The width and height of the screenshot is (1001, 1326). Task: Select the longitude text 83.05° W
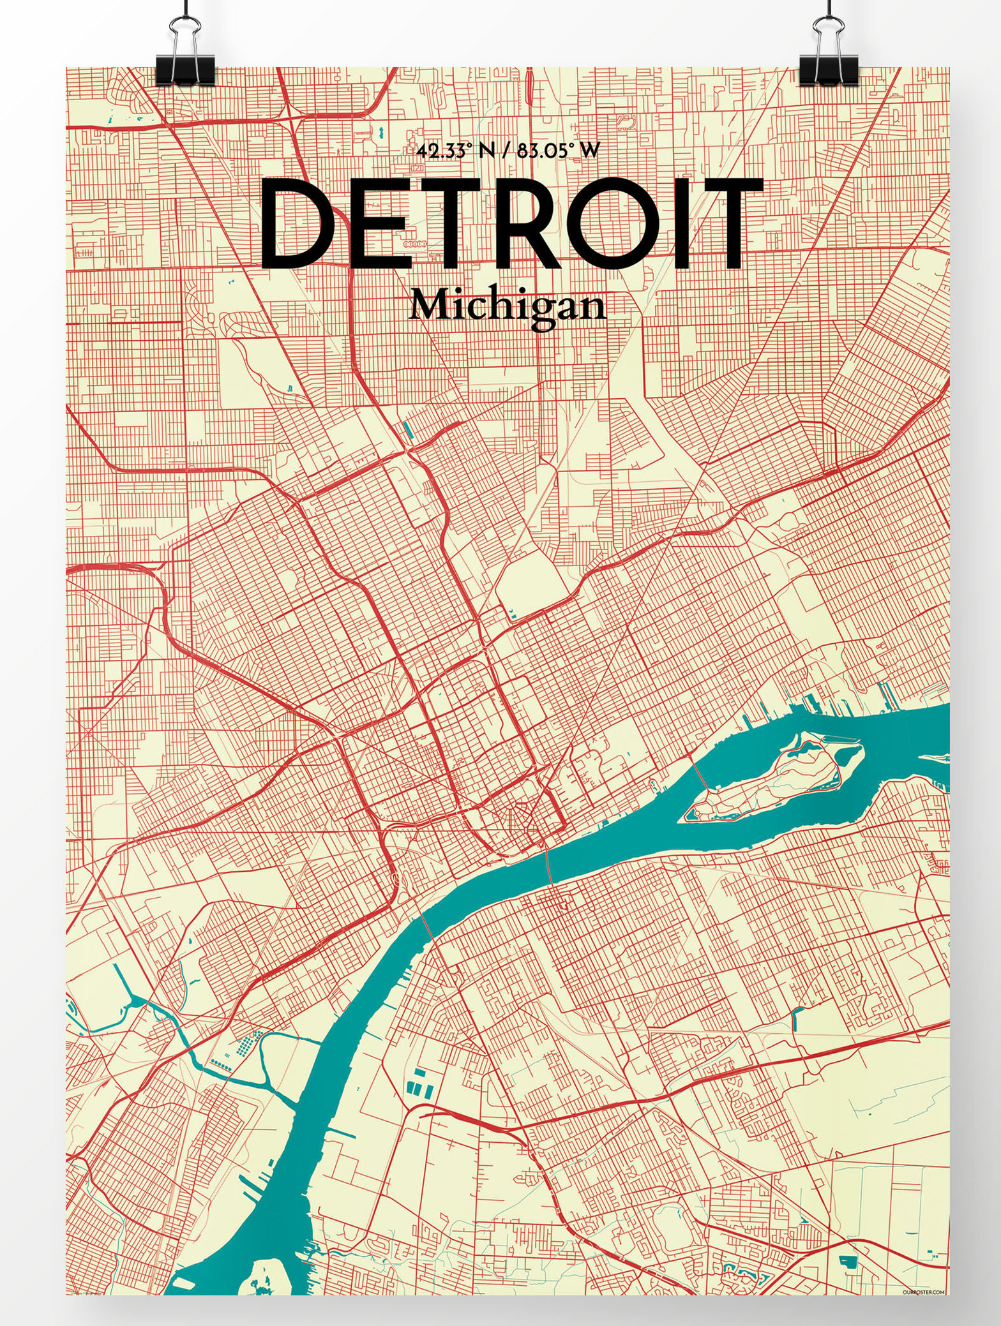tap(560, 151)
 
